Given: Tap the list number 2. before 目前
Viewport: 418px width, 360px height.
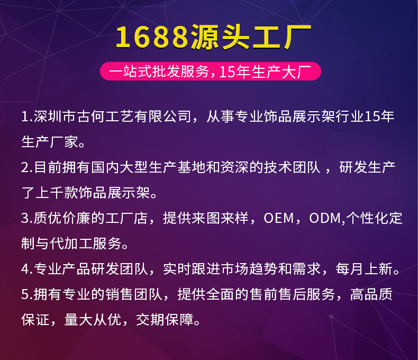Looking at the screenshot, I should (26, 168).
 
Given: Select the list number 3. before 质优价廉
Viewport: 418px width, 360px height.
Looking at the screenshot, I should (26, 219).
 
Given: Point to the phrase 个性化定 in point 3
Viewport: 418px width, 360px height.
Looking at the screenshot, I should (375, 219).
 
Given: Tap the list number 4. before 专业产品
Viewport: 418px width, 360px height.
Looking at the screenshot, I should (26, 269).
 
